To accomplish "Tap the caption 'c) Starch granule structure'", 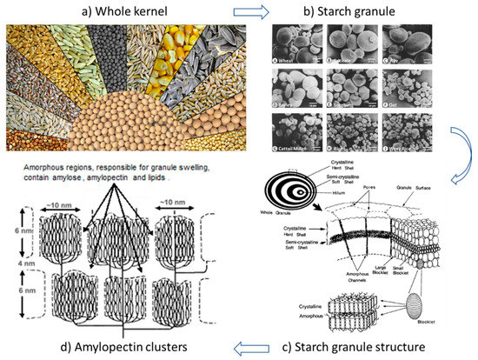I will [x=384, y=349].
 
